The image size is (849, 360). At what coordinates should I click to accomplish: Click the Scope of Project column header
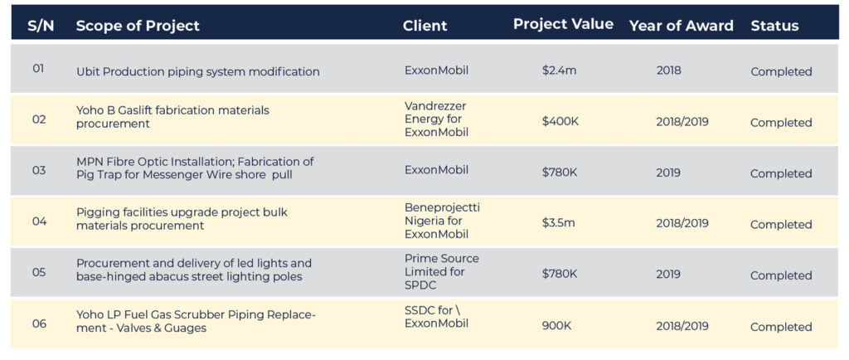click(x=138, y=26)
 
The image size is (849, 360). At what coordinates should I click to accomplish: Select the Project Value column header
click(x=563, y=24)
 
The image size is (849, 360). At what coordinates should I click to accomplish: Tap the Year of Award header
click(x=682, y=26)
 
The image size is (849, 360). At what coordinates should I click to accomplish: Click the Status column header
click(x=774, y=26)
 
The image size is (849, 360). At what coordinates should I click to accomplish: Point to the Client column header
click(x=425, y=26)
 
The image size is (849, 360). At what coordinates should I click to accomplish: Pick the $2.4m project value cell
click(x=560, y=71)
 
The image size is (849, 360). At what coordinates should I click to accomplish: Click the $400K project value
click(x=560, y=121)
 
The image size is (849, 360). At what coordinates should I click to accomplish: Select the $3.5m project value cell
click(x=558, y=223)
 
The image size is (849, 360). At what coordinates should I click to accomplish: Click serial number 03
click(x=39, y=171)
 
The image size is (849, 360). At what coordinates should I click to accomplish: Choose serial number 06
click(x=39, y=324)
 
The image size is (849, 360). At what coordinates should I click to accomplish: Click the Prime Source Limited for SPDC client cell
click(x=441, y=272)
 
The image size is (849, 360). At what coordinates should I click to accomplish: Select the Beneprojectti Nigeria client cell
click(x=442, y=221)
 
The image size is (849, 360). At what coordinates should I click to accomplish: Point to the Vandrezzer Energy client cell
click(x=436, y=119)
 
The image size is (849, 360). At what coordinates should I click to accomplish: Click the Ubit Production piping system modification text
click(x=197, y=71)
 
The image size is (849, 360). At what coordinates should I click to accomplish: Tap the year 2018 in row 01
click(x=669, y=71)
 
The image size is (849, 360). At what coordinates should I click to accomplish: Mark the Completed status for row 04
click(x=781, y=224)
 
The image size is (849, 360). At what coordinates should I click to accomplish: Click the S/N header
click(x=41, y=26)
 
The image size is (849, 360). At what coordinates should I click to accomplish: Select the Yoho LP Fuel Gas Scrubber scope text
click(x=196, y=321)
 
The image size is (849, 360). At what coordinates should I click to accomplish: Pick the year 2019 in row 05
click(x=669, y=275)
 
